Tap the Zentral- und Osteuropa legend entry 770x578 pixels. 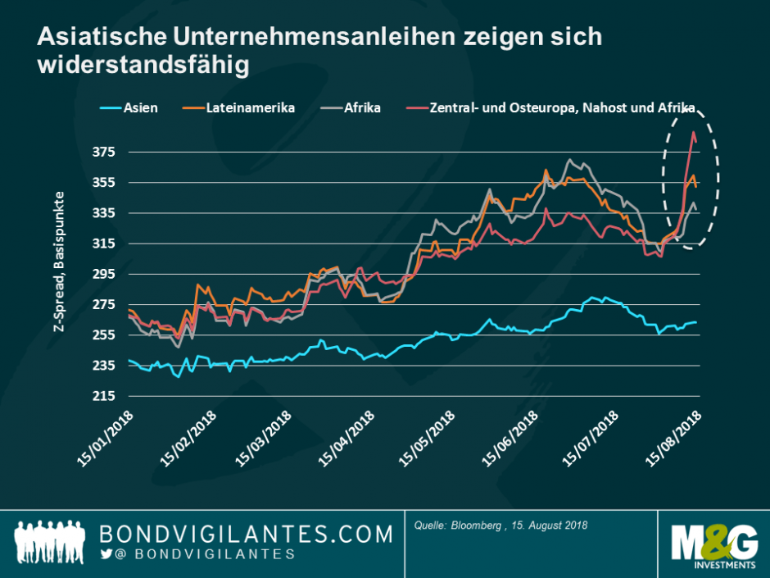[549, 107]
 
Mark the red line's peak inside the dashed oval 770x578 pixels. [693, 131]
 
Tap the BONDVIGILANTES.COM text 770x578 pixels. [246, 535]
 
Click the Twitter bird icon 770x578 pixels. [106, 555]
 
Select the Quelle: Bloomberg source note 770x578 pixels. [500, 525]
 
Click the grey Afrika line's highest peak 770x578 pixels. [568, 160]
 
